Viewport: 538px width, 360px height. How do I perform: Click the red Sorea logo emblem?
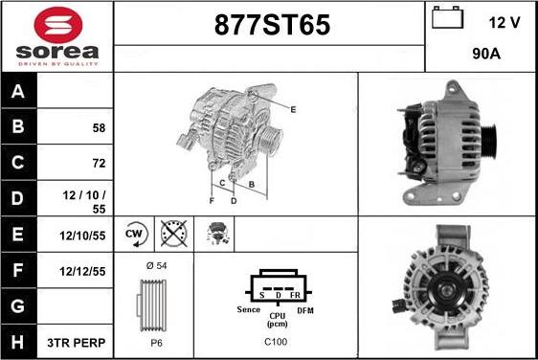coord(56,24)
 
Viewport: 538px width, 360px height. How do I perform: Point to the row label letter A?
coord(18,92)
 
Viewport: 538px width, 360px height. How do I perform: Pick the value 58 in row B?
coord(99,127)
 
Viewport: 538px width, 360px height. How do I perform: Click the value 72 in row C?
coord(99,163)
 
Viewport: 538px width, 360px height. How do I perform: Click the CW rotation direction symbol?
coord(134,233)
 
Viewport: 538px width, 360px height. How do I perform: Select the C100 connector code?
coord(275,342)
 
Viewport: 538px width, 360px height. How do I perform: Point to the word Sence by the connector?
coord(248,310)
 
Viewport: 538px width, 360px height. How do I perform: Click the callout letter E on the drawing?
coord(293,110)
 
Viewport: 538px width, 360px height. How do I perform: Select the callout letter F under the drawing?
coord(212,201)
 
